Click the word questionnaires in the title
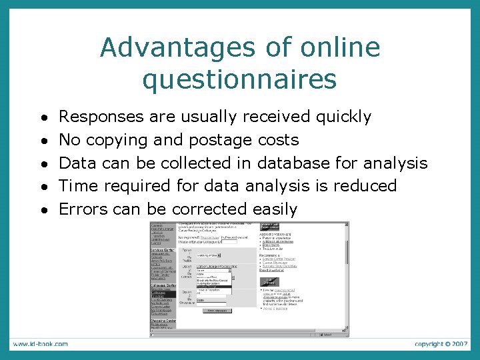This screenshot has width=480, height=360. pyautogui.click(x=239, y=79)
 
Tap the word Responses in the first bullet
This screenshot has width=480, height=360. pyautogui.click(x=101, y=117)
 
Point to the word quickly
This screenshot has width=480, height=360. pyautogui.click(x=343, y=117)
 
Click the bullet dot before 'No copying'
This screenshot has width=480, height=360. pyautogui.click(x=43, y=141)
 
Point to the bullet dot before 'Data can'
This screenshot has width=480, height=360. pyautogui.click(x=43, y=164)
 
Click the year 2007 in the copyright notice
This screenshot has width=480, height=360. pyautogui.click(x=459, y=344)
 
